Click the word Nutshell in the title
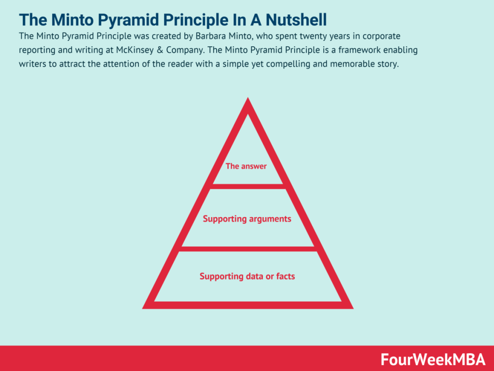pos(296,19)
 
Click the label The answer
pos(246,166)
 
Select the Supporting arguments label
pos(247,219)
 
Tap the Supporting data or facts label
pos(247,276)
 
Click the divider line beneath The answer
pos(248,186)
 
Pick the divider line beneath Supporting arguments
pos(248,249)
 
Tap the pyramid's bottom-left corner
pos(143,308)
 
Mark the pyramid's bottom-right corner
pos(353,308)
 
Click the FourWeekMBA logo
pos(433,359)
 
